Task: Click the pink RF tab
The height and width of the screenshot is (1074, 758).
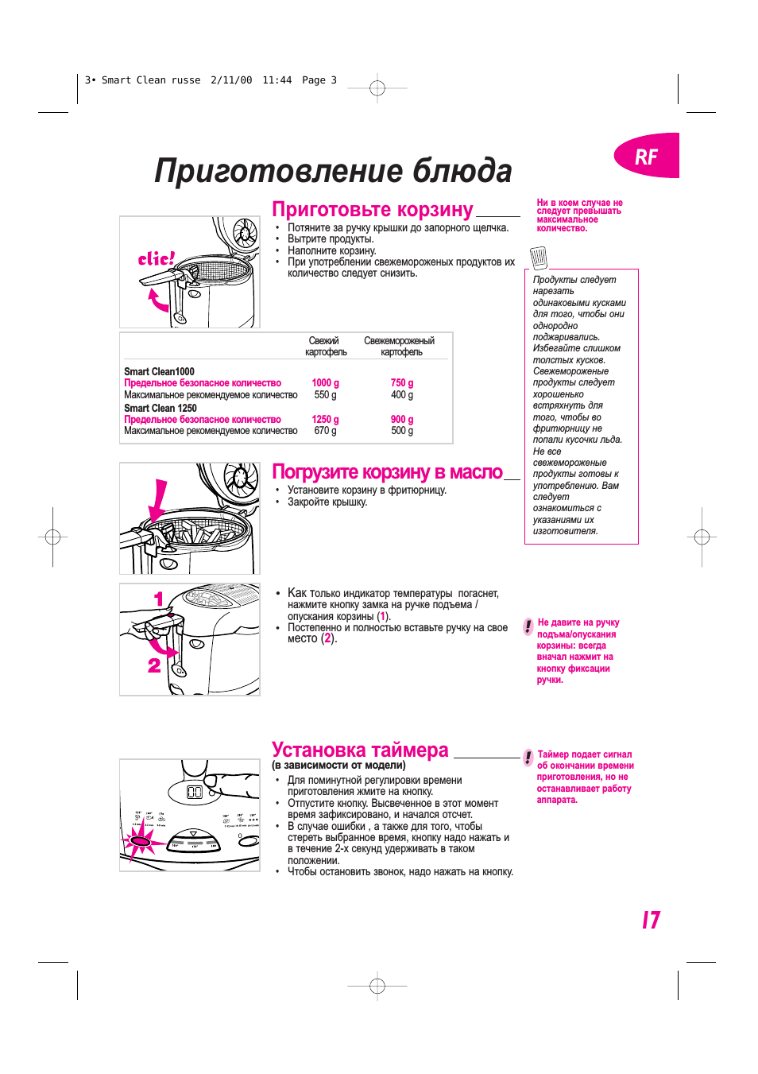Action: click(x=647, y=156)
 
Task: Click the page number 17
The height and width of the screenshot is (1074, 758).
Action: click(x=651, y=920)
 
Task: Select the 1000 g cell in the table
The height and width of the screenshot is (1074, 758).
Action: click(x=325, y=383)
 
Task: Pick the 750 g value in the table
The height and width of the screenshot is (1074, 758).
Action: click(x=401, y=383)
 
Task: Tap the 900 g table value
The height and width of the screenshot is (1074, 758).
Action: click(x=401, y=420)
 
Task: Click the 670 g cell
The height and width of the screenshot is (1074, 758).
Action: click(x=325, y=431)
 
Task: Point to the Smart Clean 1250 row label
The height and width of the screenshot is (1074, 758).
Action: click(x=160, y=408)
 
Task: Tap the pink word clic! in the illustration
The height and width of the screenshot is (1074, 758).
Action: click(x=156, y=259)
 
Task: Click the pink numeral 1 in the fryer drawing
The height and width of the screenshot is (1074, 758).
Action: click(x=159, y=599)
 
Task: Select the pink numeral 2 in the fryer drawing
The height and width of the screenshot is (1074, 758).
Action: click(x=154, y=665)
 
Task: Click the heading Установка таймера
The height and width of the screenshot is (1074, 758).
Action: click(x=360, y=750)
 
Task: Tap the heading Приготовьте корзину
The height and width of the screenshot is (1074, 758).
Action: click(x=372, y=210)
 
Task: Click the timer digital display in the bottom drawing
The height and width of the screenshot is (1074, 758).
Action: click(x=195, y=793)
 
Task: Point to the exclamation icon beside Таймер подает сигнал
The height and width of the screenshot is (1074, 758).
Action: click(x=528, y=758)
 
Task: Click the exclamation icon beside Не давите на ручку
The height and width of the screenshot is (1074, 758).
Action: click(x=528, y=626)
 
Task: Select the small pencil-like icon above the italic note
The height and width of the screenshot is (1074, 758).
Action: click(x=539, y=258)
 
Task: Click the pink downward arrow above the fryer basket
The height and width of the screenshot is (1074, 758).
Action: click(x=159, y=501)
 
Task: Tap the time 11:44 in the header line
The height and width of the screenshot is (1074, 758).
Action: click(x=277, y=80)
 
